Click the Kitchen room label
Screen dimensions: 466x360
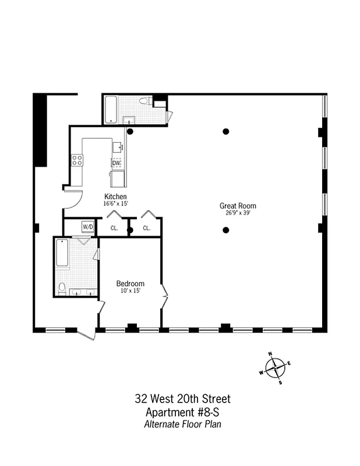point(115,196)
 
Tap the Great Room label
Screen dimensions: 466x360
point(238,206)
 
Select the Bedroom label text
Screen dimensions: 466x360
point(130,284)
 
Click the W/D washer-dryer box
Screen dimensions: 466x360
point(87,227)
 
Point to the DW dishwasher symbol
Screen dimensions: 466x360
point(116,163)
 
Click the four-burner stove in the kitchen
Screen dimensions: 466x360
point(77,160)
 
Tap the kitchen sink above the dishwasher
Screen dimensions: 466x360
point(118,147)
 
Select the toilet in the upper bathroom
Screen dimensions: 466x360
point(146,102)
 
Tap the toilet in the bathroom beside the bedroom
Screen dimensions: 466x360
point(62,287)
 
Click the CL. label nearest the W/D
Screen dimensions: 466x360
point(114,228)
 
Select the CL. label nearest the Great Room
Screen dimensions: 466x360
point(147,228)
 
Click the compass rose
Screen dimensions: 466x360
point(276,368)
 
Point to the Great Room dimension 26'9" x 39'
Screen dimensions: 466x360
point(238,213)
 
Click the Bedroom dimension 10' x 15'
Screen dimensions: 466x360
point(130,291)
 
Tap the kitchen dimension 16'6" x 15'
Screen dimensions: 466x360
point(115,203)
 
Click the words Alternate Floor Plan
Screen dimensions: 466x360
point(182,424)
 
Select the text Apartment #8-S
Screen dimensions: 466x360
point(182,412)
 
